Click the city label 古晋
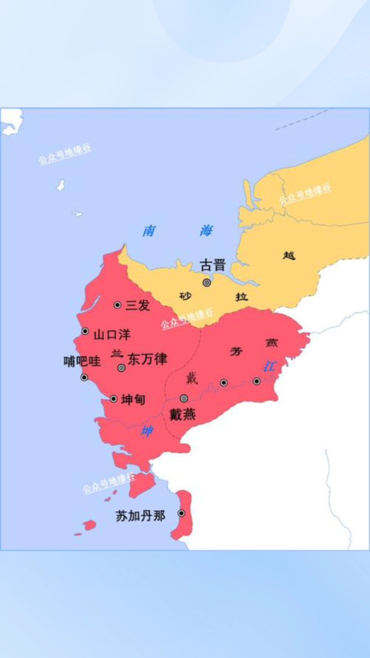213,265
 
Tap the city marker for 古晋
207,283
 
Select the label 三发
138,305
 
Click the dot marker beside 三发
118,305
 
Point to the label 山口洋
112,334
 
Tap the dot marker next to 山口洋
85,331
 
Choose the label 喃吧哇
82,361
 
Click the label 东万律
147,359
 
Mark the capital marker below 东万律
121,368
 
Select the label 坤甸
133,399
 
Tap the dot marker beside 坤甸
113,399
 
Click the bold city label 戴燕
183,415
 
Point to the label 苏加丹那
140,516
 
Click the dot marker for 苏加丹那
182,513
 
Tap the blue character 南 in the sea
149,231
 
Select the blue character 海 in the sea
206,231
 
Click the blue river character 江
269,367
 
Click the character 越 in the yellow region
289,255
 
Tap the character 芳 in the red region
236,351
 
